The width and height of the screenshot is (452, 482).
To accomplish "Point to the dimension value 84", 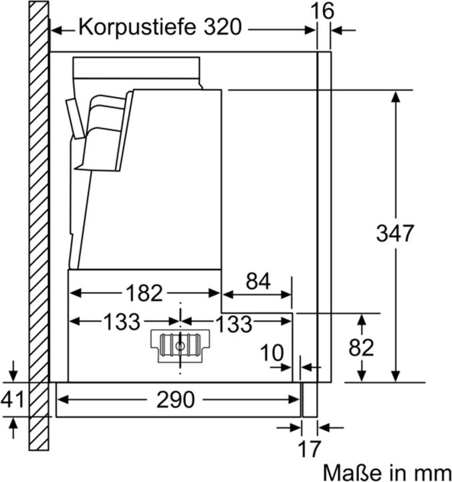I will pos(257,281).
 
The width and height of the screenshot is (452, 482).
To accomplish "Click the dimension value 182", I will pos(144,293).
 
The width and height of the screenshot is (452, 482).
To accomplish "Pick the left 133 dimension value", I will pos(122,322).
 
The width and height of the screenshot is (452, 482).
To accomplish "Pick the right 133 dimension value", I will pos(233,323).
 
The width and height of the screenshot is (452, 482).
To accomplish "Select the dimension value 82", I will pos(362,347).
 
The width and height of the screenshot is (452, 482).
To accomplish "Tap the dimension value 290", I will pos(175,400).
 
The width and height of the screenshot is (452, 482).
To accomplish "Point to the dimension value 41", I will pos(12,400).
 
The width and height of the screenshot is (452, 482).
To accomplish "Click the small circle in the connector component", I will pos(180,345).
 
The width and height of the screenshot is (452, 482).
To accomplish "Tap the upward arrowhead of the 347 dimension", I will pos(396,95).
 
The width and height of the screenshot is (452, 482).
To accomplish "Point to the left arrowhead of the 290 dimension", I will pos(62,400).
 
